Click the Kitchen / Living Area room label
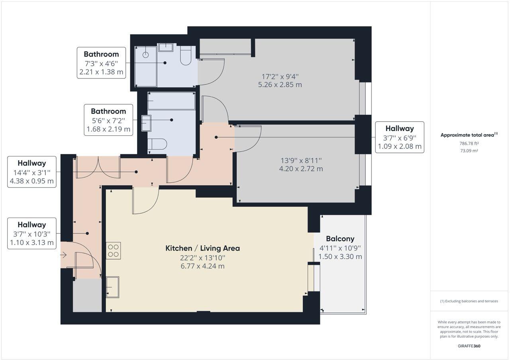202,248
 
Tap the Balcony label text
340,239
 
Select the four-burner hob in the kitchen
114,250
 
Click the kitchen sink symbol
113,287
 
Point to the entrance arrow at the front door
63,255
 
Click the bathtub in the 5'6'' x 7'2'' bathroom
171,101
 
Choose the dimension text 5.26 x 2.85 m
280,84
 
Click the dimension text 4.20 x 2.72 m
301,169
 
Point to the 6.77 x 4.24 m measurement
202,266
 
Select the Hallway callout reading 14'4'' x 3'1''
32,172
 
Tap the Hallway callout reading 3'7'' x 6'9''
400,137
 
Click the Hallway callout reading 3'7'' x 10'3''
32,234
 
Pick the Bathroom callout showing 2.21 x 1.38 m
101,63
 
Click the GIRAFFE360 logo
469,346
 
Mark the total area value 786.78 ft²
469,143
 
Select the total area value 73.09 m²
469,151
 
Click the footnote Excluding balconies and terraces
469,301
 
